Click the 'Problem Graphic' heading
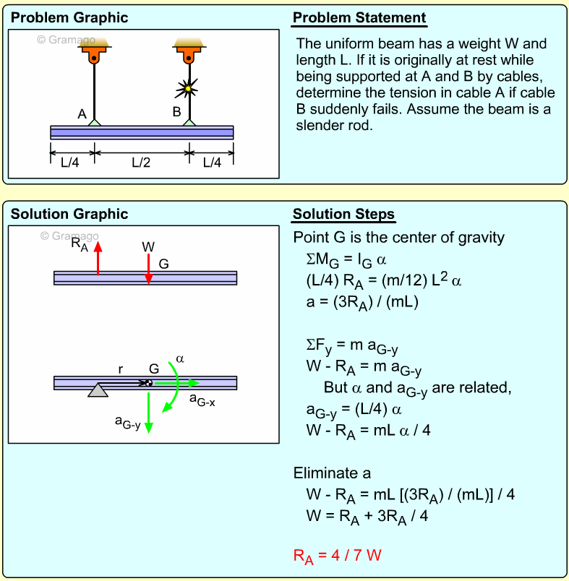(69, 18)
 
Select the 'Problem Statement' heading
(359, 18)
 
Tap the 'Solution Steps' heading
(343, 215)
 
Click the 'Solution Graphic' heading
(69, 214)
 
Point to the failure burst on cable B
(189, 89)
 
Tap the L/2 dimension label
(141, 163)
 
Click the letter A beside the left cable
(82, 113)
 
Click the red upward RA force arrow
(98, 257)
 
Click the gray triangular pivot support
(98, 390)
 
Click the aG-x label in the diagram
(202, 398)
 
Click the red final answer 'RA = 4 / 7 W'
(337, 556)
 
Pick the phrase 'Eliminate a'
(332, 473)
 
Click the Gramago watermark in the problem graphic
(66, 40)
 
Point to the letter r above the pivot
(121, 369)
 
